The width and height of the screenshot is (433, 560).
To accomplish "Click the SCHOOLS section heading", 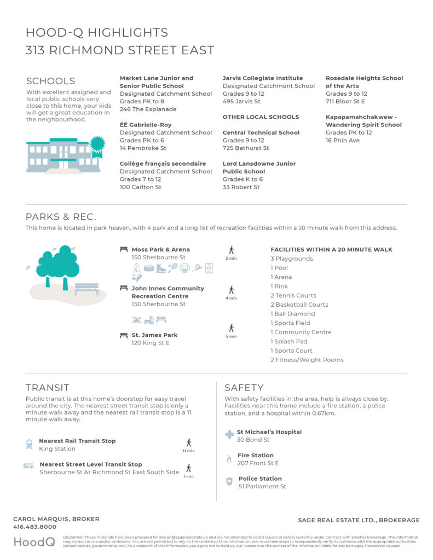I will (x=51, y=81).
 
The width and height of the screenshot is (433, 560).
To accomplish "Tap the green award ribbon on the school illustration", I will (x=97, y=145).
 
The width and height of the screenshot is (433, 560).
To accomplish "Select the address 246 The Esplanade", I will (x=141, y=109).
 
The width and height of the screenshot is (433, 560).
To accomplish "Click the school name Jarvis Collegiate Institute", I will (x=263, y=78).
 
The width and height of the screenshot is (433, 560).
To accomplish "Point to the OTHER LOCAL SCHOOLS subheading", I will (x=261, y=117).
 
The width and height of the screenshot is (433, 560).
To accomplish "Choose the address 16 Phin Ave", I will (x=343, y=141).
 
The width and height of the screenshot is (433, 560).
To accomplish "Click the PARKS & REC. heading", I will (x=61, y=217).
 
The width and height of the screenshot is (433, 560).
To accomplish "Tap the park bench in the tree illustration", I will (x=87, y=288).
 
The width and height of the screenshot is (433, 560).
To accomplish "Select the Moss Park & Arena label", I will (x=161, y=249).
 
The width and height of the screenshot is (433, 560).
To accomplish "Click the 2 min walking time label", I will (x=231, y=257).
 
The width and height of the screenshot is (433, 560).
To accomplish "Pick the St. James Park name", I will (x=154, y=335).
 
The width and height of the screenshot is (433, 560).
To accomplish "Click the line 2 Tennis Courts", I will (x=293, y=295).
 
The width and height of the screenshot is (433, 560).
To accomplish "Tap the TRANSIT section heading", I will (x=48, y=388).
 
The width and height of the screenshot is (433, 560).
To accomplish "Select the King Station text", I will (x=57, y=449).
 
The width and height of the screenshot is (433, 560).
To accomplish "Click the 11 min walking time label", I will (x=188, y=451).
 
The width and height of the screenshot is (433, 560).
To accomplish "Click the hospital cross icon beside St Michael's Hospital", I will (x=229, y=435).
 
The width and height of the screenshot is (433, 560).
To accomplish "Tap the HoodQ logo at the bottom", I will (x=34, y=542).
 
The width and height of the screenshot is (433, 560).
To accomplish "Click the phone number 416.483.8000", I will (x=34, y=527).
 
